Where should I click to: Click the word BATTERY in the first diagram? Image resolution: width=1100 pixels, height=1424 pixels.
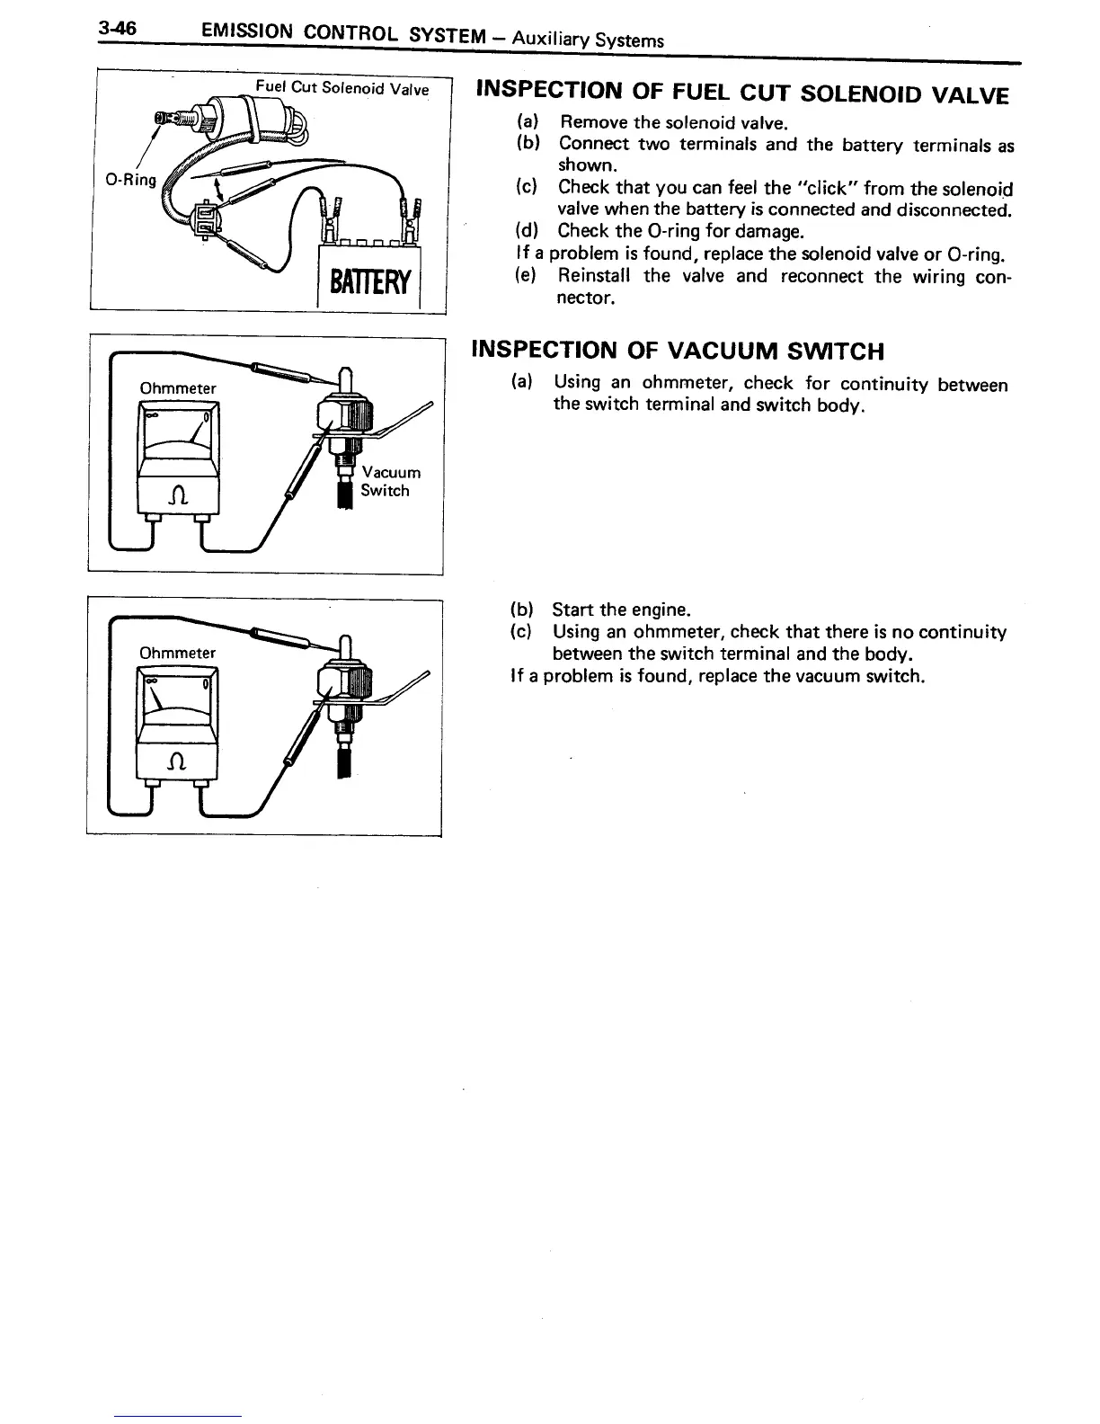click(371, 283)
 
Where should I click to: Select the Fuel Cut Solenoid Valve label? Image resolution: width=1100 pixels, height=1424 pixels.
click(342, 88)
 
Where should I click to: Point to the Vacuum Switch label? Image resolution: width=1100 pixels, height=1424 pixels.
click(389, 482)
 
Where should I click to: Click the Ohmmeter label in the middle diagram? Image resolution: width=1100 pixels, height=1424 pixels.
click(178, 388)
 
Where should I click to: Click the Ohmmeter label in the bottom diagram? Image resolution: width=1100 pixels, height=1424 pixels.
click(177, 653)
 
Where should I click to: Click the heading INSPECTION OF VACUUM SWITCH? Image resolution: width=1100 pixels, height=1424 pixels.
click(678, 351)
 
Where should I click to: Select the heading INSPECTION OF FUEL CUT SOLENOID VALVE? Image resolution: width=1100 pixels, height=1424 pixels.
click(742, 93)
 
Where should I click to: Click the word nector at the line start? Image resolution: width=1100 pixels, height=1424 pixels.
click(586, 298)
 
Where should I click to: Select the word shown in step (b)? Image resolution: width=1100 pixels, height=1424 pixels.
click(586, 166)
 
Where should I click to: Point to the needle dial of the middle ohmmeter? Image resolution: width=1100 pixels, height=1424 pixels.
click(177, 430)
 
